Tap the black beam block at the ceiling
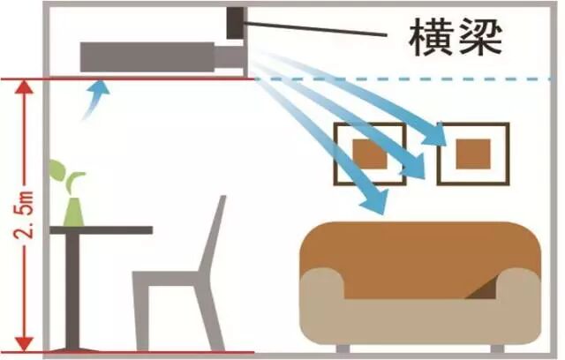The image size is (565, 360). tap(236, 23)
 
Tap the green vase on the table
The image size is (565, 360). tap(74, 212)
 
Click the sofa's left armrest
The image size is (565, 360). tap(322, 300)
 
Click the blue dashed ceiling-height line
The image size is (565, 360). tap(406, 79)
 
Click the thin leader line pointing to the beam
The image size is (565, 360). tap(318, 28)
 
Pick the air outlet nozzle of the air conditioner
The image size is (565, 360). tap(231, 57)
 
